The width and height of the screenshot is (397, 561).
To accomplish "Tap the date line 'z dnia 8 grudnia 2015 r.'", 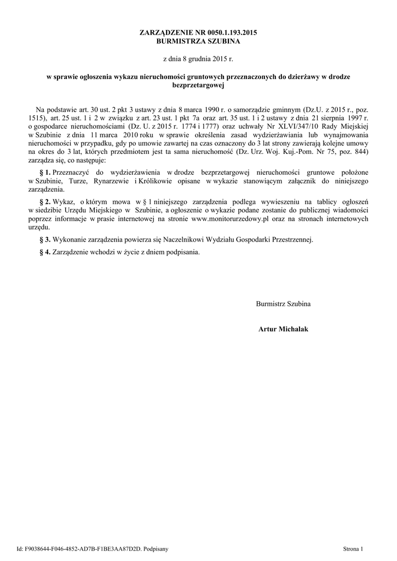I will (x=198, y=58).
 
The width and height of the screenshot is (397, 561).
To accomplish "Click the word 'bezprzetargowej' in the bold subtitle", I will (x=198, y=85).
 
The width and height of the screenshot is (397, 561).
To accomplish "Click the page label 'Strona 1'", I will (x=353, y=548).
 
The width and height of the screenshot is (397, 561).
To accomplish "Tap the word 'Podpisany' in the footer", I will (x=156, y=548).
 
